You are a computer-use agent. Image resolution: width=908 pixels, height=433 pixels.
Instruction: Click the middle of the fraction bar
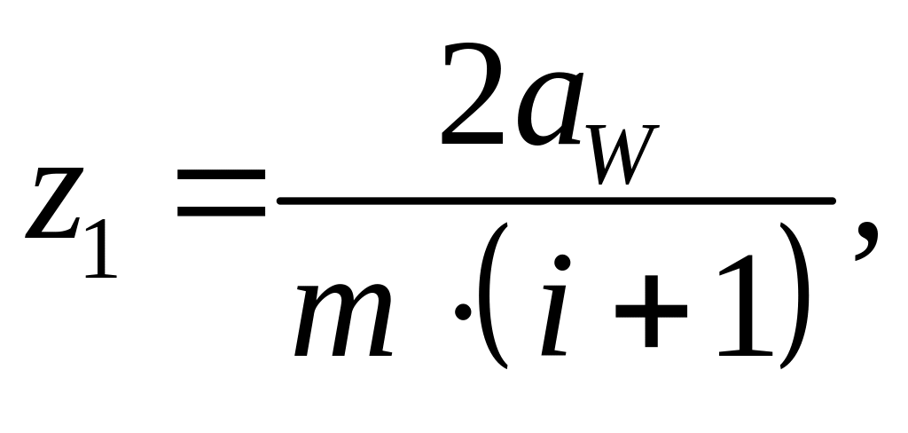[556, 201]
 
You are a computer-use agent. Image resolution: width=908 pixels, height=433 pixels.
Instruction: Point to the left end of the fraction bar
[281, 201]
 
